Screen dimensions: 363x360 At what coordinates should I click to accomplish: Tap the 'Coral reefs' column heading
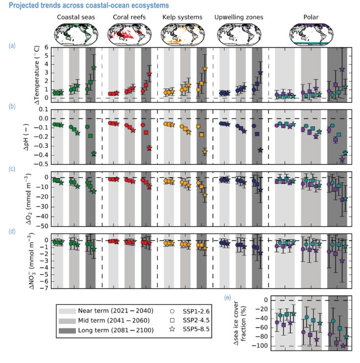pyautogui.click(x=128, y=17)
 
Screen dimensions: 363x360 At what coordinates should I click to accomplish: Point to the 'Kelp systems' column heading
pyautogui.click(x=182, y=17)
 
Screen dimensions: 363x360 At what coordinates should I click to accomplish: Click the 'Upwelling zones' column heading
pyautogui.click(x=239, y=17)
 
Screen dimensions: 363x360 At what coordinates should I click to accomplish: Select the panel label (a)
pyautogui.click(x=12, y=46)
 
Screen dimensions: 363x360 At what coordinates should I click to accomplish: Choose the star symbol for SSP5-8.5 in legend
pyautogui.click(x=173, y=331)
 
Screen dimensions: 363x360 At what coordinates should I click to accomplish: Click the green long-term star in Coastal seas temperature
pyautogui.click(x=94, y=68)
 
